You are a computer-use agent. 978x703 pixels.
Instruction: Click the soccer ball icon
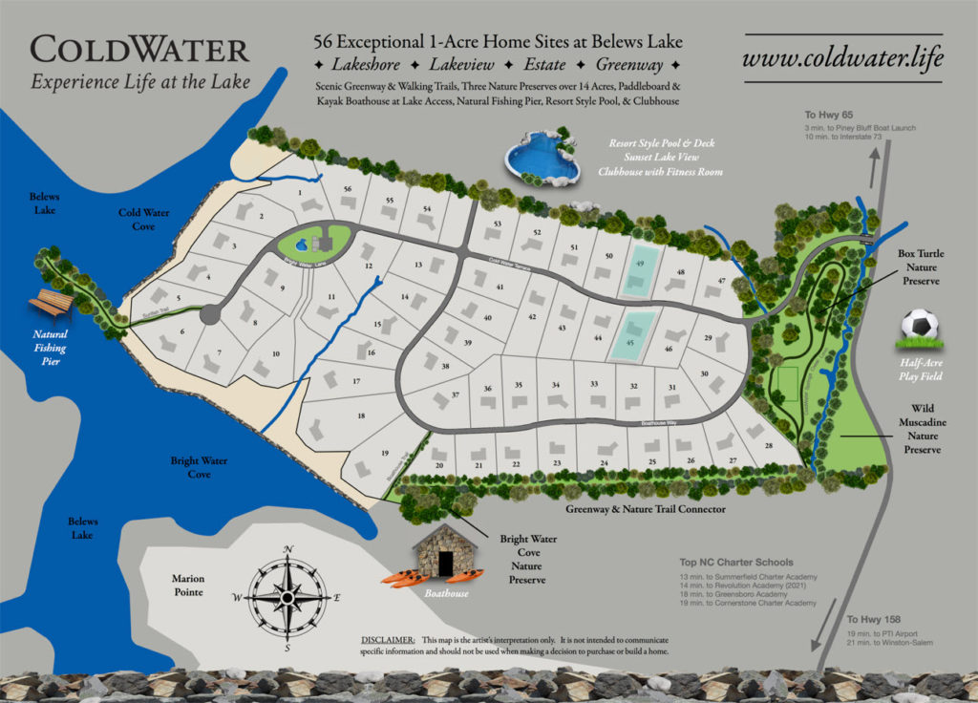pyautogui.click(x=919, y=330)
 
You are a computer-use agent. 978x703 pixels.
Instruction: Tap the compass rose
pyautogui.click(x=287, y=597)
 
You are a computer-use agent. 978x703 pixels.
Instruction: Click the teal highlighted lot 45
pyautogui.click(x=631, y=335)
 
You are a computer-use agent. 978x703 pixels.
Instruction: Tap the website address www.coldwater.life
pyautogui.click(x=843, y=56)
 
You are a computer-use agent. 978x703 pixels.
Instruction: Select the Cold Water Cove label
pyautogui.click(x=144, y=220)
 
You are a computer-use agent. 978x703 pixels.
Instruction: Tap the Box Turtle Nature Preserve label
pyautogui.click(x=919, y=268)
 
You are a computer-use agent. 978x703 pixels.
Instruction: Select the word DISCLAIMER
pyautogui.click(x=387, y=639)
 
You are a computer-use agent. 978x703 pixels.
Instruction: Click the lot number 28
pyautogui.click(x=768, y=446)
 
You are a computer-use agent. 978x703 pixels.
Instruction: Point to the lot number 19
pyautogui.click(x=384, y=453)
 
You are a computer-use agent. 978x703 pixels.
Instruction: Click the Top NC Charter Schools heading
pyautogui.click(x=735, y=563)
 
